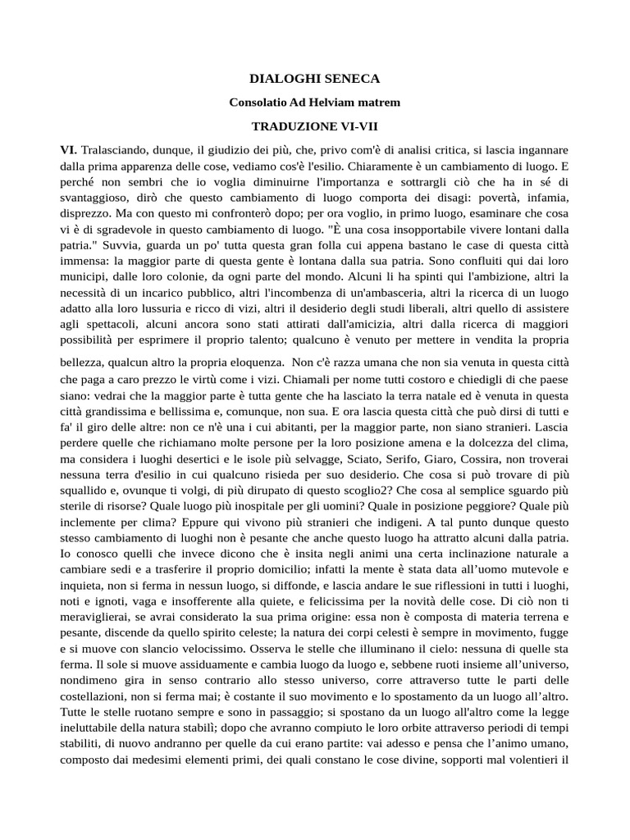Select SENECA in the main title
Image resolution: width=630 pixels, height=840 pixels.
[x=350, y=79]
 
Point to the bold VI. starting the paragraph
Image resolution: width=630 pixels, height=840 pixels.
[x=68, y=151]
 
